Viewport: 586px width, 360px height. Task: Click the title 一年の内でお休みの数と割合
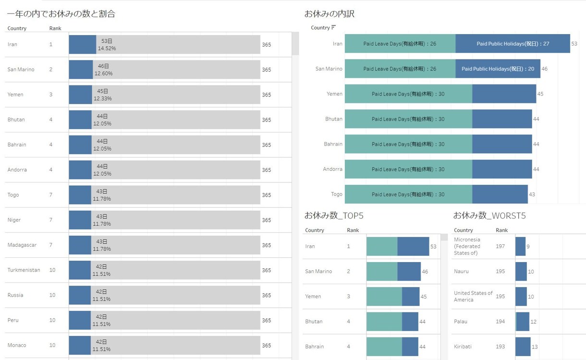61,13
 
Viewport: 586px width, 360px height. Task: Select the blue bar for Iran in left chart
83,45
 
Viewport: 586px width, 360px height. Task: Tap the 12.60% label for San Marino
103,73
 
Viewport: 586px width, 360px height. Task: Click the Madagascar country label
22,245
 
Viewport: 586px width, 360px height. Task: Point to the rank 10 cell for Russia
52,295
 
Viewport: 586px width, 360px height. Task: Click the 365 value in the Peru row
266,320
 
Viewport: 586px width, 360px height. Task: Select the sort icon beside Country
333,27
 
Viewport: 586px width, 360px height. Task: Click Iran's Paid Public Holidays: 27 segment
513,44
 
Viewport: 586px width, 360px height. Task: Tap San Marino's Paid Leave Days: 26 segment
400,69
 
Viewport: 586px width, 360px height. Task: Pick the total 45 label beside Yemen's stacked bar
540,94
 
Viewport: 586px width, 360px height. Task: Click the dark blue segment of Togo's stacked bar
500,194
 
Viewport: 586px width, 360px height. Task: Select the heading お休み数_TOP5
334,216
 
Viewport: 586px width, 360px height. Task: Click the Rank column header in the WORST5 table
501,230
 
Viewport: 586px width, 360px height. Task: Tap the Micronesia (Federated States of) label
467,246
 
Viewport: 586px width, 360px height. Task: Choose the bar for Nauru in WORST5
521,271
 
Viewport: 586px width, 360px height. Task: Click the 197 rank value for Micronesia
500,246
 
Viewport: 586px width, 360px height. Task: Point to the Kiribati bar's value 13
535,347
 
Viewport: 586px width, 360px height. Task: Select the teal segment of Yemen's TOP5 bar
384,297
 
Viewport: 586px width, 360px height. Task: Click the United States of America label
473,297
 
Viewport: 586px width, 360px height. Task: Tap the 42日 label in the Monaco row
101,342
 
